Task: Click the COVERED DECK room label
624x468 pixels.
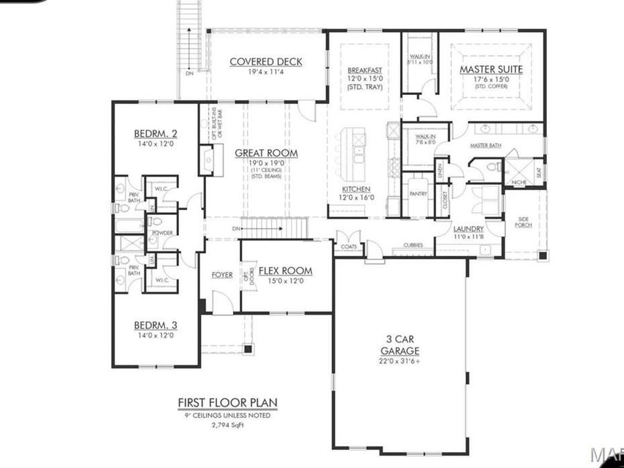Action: pos(266,62)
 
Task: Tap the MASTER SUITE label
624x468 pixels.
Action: pos(491,69)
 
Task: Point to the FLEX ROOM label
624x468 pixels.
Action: pos(285,270)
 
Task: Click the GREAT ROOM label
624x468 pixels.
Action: pos(266,153)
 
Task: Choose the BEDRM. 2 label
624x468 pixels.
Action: pos(155,134)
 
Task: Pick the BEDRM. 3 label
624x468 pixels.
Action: pos(154,325)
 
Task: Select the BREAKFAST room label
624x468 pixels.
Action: pos(364,71)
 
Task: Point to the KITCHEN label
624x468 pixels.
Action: pos(356,189)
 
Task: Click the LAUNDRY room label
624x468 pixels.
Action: pos(468,229)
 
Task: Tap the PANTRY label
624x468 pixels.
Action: pos(417,194)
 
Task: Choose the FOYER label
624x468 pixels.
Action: pos(222,275)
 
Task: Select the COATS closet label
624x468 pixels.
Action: pos(349,244)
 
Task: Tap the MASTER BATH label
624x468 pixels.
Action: pos(485,146)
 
